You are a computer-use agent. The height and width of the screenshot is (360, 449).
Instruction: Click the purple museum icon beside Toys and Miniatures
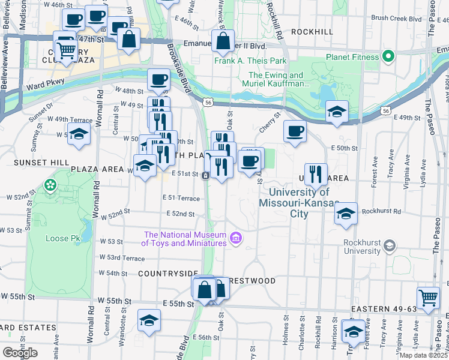235,239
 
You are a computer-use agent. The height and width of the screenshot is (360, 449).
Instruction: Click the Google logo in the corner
20,353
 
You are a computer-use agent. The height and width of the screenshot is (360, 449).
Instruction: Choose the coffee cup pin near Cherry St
294,132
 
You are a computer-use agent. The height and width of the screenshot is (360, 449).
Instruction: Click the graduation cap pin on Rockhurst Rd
345,214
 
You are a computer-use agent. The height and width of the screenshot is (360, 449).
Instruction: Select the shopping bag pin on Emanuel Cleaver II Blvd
223,41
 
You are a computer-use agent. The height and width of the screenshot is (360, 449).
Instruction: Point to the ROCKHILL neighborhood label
312,31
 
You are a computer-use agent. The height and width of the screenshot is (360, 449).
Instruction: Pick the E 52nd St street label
182,214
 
